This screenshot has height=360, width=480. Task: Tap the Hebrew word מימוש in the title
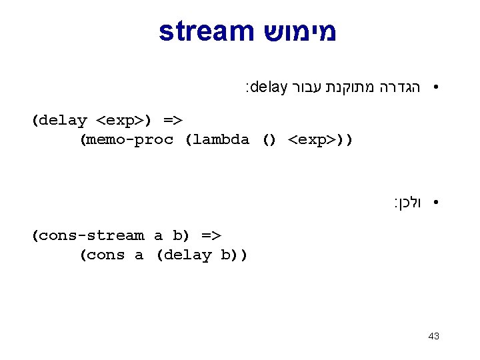[x=296, y=31]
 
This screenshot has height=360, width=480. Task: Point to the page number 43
[x=433, y=336]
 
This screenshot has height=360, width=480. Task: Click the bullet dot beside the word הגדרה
[x=434, y=87]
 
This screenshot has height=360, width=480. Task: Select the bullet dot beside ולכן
[x=434, y=201]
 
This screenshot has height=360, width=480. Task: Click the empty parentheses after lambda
[x=269, y=140]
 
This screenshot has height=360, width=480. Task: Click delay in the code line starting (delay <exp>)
[x=63, y=121]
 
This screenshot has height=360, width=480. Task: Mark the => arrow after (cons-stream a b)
[x=211, y=235]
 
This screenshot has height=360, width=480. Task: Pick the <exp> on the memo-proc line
[x=312, y=140]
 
